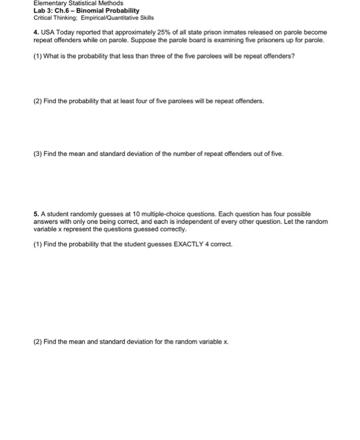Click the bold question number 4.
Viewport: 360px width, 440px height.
point(36,32)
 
